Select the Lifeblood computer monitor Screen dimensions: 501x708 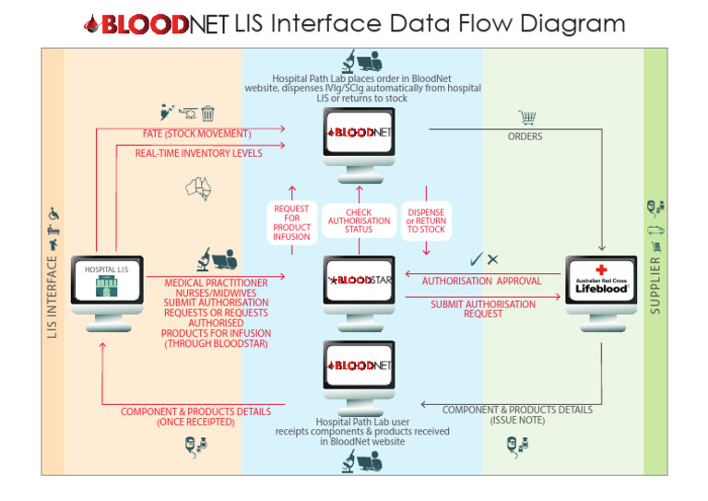(x=601, y=280)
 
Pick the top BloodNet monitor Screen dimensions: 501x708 (x=360, y=133)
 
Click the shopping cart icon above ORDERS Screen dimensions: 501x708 (x=527, y=118)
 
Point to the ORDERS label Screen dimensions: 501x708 (x=525, y=137)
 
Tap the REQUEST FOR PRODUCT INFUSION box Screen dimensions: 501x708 (x=291, y=223)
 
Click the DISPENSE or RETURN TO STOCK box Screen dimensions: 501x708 (x=426, y=221)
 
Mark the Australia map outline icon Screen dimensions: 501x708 (x=199, y=187)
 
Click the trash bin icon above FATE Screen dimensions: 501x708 (x=208, y=114)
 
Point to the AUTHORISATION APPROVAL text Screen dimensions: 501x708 (x=482, y=280)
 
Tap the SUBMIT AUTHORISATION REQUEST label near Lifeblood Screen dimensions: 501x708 (x=483, y=308)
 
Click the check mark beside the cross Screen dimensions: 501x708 (x=476, y=260)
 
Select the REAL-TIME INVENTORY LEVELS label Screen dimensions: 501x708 (x=198, y=153)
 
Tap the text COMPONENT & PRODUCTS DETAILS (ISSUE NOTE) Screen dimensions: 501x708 (x=517, y=414)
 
